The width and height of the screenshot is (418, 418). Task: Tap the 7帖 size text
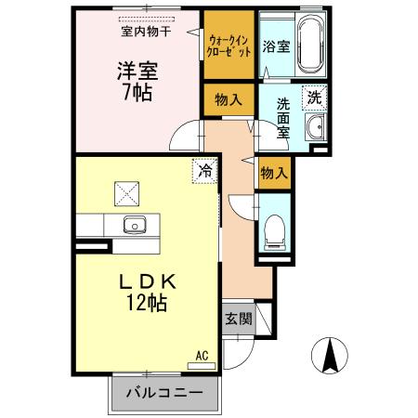pos(135,93)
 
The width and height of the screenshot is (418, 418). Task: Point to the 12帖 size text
pos(148,304)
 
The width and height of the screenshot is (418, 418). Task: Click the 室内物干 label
pos(146,31)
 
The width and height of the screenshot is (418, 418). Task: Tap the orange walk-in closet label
pos(229,46)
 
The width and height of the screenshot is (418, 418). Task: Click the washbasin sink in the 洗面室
pos(314,128)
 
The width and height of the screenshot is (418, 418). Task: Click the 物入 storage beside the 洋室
pos(229,98)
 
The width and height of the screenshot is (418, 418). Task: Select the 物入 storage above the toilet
pos(274,173)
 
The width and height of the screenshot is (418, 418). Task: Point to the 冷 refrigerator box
pos(203,171)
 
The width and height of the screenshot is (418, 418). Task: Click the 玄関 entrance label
pos(237,320)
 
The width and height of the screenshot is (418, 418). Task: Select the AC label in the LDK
pos(202,354)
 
